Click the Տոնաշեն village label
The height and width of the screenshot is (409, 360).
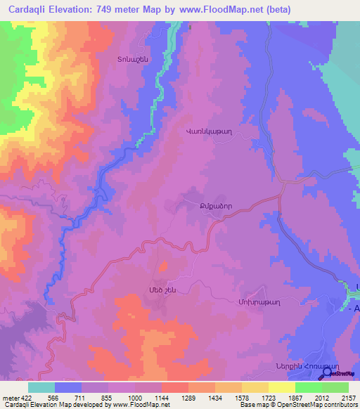click(112, 60)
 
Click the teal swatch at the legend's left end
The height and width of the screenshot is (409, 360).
click(41, 387)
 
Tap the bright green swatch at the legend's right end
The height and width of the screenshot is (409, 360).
click(335, 387)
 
